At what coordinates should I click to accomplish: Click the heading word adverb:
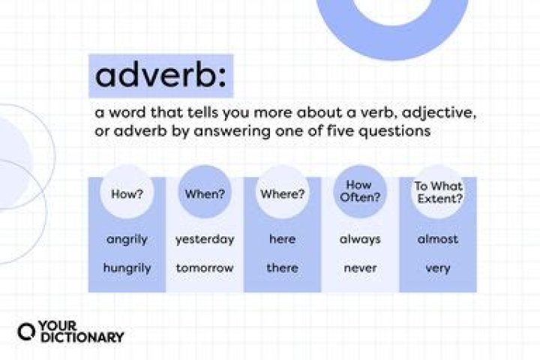coord(160,76)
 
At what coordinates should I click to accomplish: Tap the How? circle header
coord(127,193)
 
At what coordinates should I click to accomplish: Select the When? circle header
coord(205,193)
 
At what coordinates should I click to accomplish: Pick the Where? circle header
coord(282,193)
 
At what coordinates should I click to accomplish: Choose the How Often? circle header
coord(360,193)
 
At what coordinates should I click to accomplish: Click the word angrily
coord(127,239)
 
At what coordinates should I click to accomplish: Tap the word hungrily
coord(127,267)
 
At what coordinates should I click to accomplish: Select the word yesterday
coord(205,239)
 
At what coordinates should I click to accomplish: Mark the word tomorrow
coord(205,267)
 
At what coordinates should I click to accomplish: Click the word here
coord(282,239)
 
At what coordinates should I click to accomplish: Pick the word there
coord(282,267)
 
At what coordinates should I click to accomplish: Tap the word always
coord(360,239)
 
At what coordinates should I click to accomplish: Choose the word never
coord(360,267)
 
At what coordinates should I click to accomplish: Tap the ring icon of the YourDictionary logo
coord(27,332)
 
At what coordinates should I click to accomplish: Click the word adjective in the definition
coord(440,112)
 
